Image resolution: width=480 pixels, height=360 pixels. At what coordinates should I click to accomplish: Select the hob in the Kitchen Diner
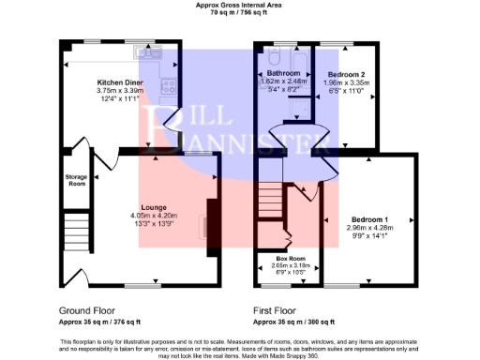pyautogui.click(x=170, y=86)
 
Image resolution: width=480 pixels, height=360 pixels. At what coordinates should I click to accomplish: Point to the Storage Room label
pyautogui.click(x=76, y=180)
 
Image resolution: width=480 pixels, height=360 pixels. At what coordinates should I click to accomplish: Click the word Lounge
pyautogui.click(x=154, y=207)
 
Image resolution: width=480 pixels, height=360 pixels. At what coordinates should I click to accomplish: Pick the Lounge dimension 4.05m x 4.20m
pyautogui.click(x=154, y=216)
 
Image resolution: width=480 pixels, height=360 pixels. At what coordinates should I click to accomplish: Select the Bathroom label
pyautogui.click(x=283, y=73)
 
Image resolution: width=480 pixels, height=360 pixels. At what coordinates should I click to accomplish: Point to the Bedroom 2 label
pyautogui.click(x=345, y=73)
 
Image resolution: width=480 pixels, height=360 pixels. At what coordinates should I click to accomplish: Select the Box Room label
pyautogui.click(x=291, y=258)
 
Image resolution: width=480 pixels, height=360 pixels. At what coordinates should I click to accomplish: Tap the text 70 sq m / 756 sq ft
pyautogui.click(x=240, y=13)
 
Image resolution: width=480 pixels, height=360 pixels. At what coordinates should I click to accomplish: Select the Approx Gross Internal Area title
pyautogui.click(x=240, y=5)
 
